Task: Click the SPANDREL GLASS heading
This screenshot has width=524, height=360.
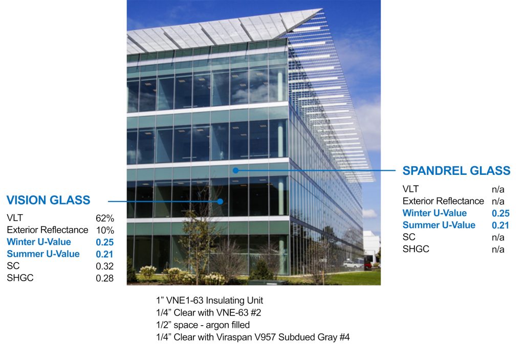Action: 456,171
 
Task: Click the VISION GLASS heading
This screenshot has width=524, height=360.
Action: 48,200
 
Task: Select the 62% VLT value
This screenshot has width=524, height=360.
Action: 105,218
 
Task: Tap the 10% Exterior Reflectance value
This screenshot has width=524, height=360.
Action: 105,230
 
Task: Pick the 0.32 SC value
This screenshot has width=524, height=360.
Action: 105,266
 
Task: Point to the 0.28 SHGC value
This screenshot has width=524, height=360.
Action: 105,279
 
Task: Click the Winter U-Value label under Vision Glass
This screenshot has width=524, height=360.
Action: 39,242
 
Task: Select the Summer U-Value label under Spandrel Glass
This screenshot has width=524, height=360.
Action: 439,225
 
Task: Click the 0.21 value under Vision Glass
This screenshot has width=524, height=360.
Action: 105,254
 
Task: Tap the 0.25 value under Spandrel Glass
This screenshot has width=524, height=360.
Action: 500,213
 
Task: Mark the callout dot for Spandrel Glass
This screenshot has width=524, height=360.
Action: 235,170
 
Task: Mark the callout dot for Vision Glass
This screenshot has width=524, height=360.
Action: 220,201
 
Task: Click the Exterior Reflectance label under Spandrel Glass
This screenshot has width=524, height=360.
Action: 443,201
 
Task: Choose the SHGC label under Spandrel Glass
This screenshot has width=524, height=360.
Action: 416,249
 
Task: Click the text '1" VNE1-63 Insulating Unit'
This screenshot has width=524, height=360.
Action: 210,300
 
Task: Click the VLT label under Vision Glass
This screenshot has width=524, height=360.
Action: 15,217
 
